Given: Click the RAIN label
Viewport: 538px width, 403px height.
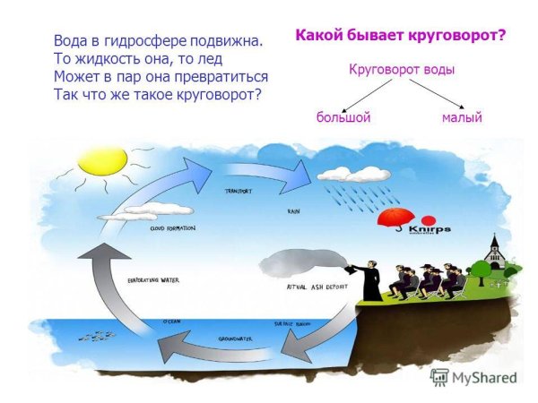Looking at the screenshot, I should (292, 211).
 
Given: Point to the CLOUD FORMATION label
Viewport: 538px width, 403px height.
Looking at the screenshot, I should (172, 228).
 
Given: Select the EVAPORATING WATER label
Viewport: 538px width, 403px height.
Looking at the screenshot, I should (154, 279).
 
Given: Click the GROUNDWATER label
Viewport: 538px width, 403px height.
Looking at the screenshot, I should (236, 339).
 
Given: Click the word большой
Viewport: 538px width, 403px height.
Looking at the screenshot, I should (343, 117).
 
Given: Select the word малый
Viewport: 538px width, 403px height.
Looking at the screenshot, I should (462, 117).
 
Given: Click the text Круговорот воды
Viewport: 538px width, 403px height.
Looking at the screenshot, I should (401, 70).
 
